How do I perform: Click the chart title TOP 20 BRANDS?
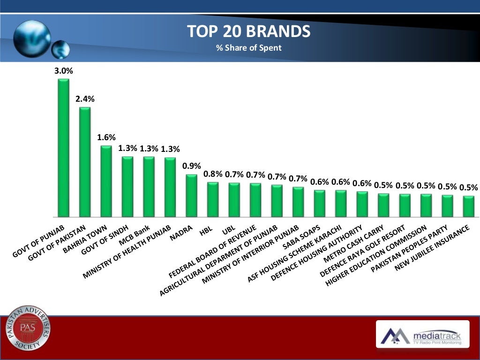(248, 32)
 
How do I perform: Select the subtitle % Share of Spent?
(248, 47)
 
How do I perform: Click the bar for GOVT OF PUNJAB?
(63, 148)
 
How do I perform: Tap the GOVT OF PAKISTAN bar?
(85, 162)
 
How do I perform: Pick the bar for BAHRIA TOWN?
(106, 181)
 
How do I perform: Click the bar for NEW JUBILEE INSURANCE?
(468, 206)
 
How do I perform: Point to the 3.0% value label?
(63, 71)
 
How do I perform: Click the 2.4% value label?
(85, 99)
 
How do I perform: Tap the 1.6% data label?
(106, 138)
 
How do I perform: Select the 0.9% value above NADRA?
(191, 165)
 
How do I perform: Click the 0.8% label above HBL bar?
(213, 174)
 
